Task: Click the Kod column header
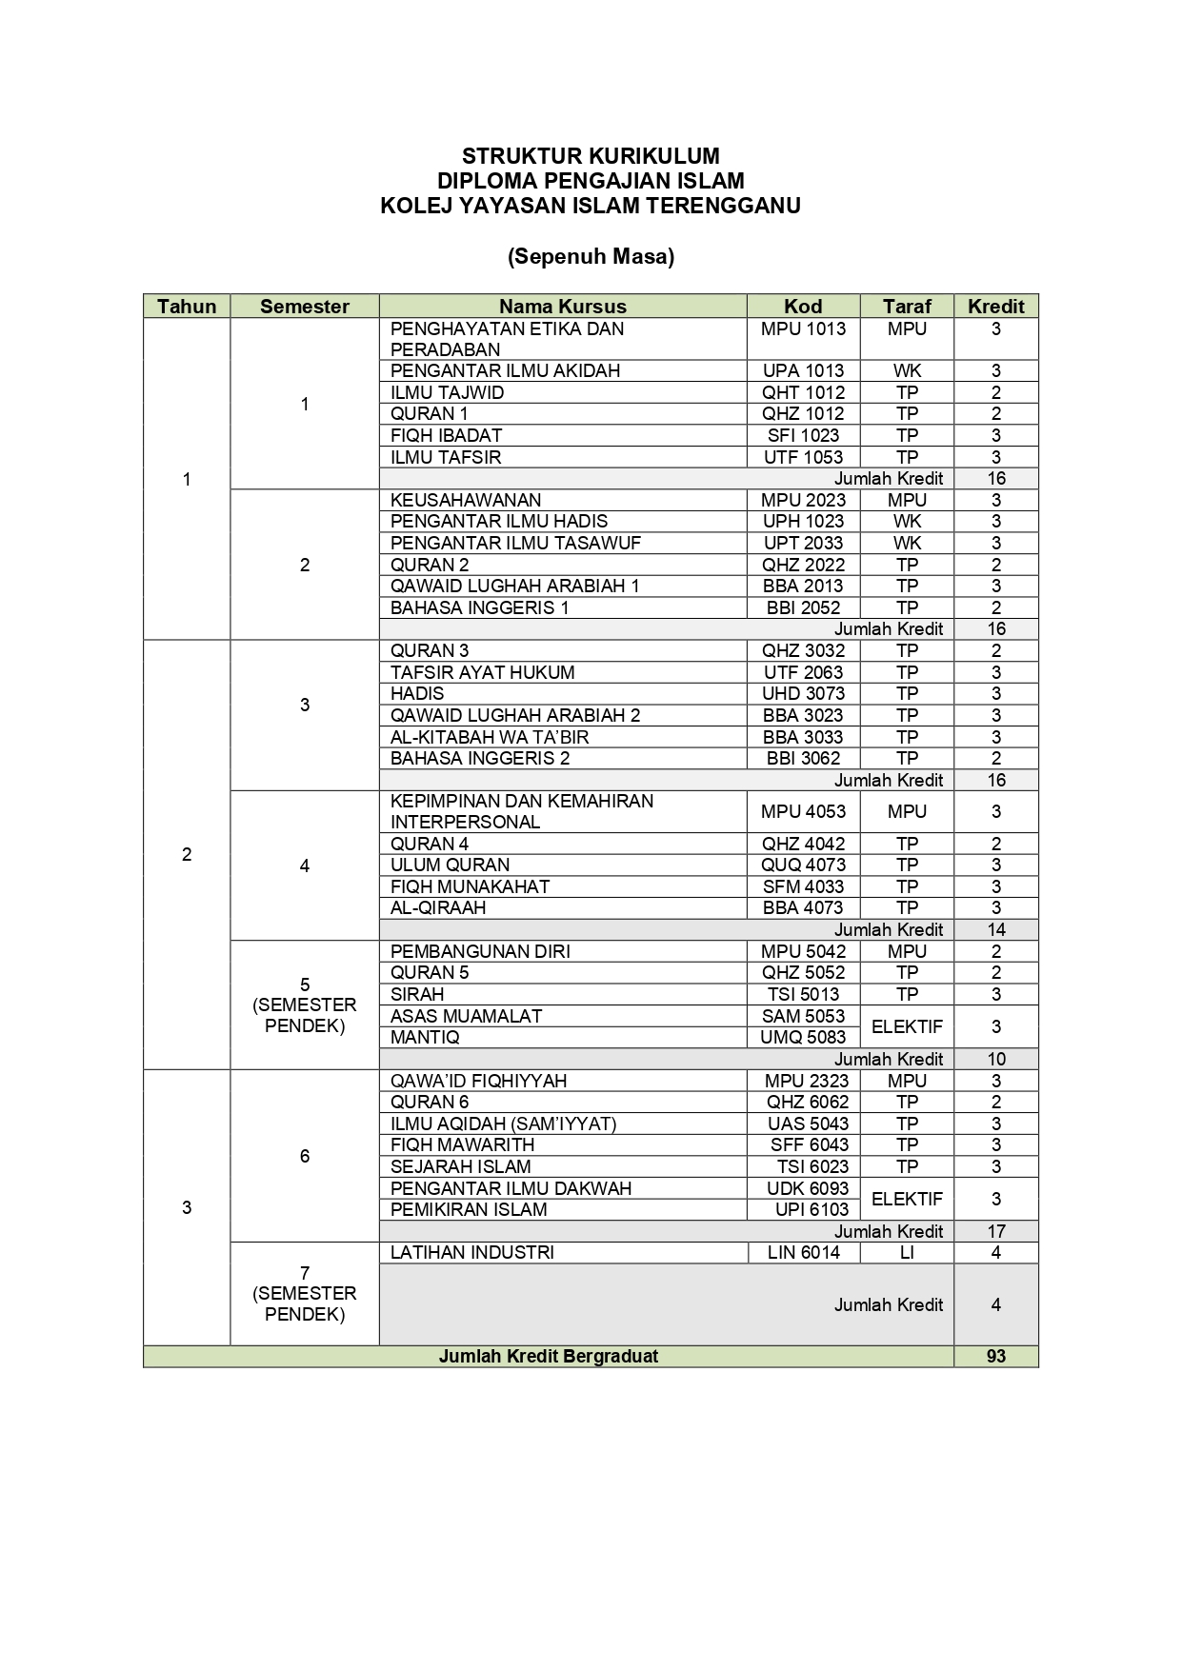click(x=803, y=307)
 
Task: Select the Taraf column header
click(x=906, y=307)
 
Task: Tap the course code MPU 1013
click(x=803, y=328)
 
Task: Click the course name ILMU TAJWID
click(x=448, y=392)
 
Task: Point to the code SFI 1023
click(x=803, y=435)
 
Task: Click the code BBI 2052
click(x=803, y=607)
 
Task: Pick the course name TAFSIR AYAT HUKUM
click(x=483, y=672)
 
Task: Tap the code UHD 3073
click(x=803, y=693)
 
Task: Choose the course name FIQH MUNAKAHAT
click(x=471, y=886)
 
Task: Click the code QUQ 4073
click(x=803, y=865)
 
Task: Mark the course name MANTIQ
click(x=425, y=1037)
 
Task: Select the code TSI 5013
click(x=803, y=994)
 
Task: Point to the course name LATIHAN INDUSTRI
click(x=472, y=1252)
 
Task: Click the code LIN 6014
click(x=803, y=1252)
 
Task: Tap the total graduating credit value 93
click(x=995, y=1356)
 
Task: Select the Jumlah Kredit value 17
click(x=995, y=1231)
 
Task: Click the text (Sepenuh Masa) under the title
click(x=591, y=256)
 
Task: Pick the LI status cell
click(x=906, y=1252)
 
